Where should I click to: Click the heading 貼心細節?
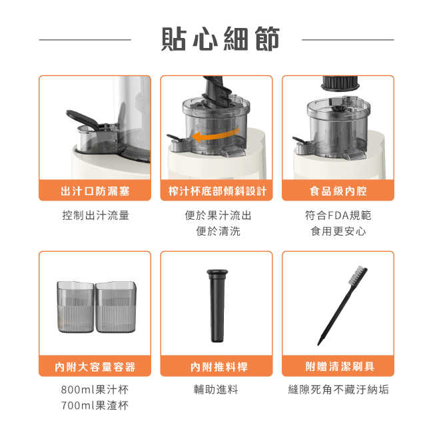click(x=220, y=39)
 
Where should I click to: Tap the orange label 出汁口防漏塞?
click(x=95, y=191)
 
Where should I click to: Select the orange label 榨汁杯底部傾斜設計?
click(x=217, y=191)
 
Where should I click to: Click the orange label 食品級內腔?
click(x=338, y=191)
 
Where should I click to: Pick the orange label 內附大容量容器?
click(x=95, y=367)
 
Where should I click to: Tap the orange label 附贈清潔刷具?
click(x=340, y=367)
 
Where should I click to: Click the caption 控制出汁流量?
click(x=95, y=215)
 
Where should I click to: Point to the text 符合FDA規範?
click(x=338, y=215)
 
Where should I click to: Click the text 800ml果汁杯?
click(x=95, y=390)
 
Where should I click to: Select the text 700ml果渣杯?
click(x=95, y=406)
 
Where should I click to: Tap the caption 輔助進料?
click(x=216, y=390)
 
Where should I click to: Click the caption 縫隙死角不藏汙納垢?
click(x=338, y=390)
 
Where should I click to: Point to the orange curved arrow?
click(x=215, y=135)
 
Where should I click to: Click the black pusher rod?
click(x=217, y=306)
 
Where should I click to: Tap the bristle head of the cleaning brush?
click(x=357, y=276)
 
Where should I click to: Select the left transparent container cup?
click(x=76, y=307)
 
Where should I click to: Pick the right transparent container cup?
click(x=116, y=307)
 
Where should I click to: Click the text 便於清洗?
click(x=218, y=231)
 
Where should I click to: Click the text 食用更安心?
click(x=338, y=231)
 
